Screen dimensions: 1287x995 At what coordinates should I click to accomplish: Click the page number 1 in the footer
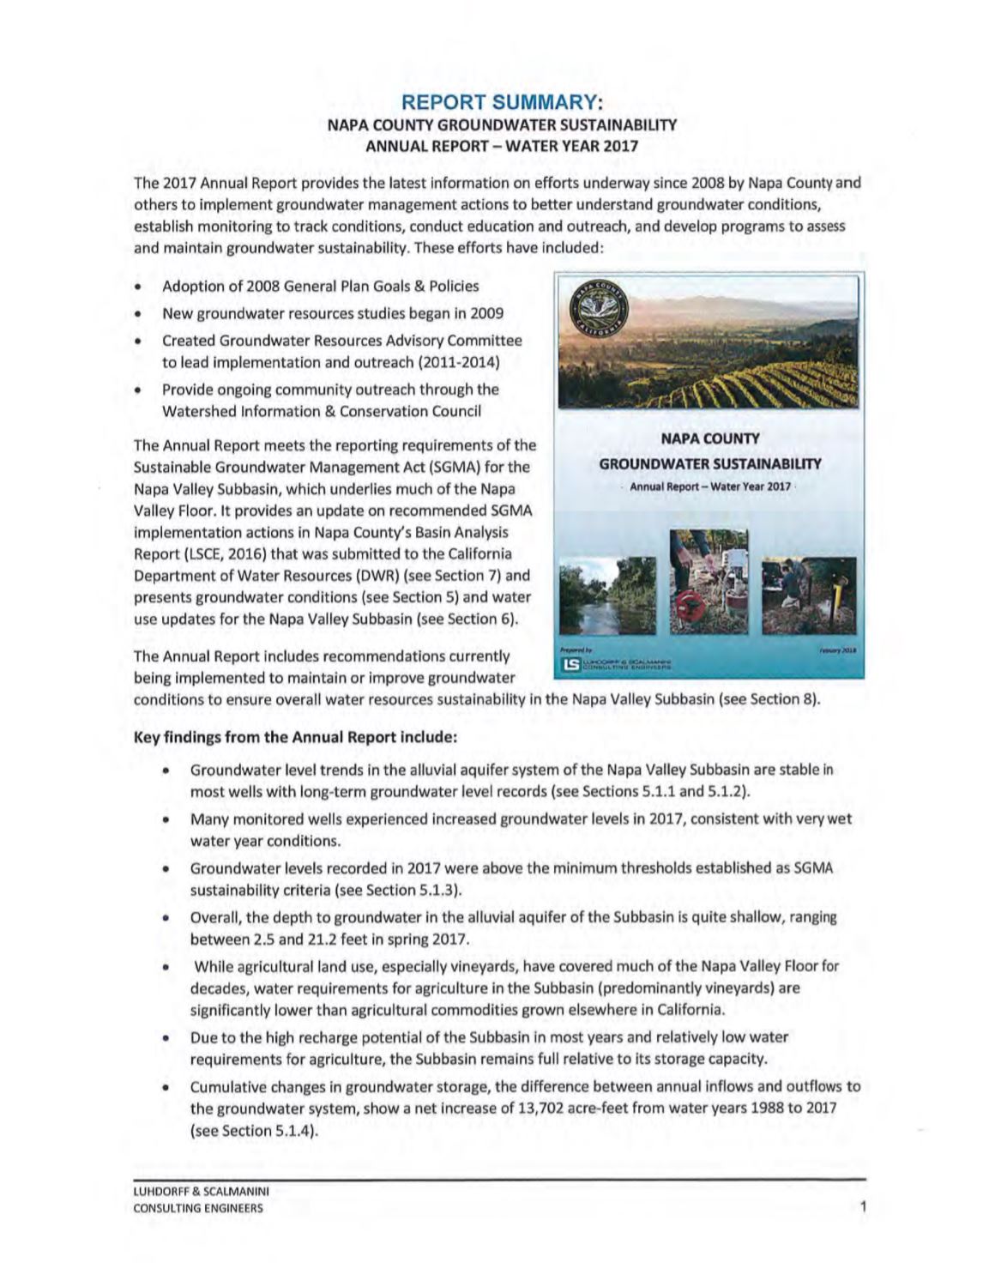(x=863, y=1207)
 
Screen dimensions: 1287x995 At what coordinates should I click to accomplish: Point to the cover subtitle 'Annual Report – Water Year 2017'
(x=709, y=486)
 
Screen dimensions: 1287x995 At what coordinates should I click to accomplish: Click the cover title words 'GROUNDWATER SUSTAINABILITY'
(x=709, y=464)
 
